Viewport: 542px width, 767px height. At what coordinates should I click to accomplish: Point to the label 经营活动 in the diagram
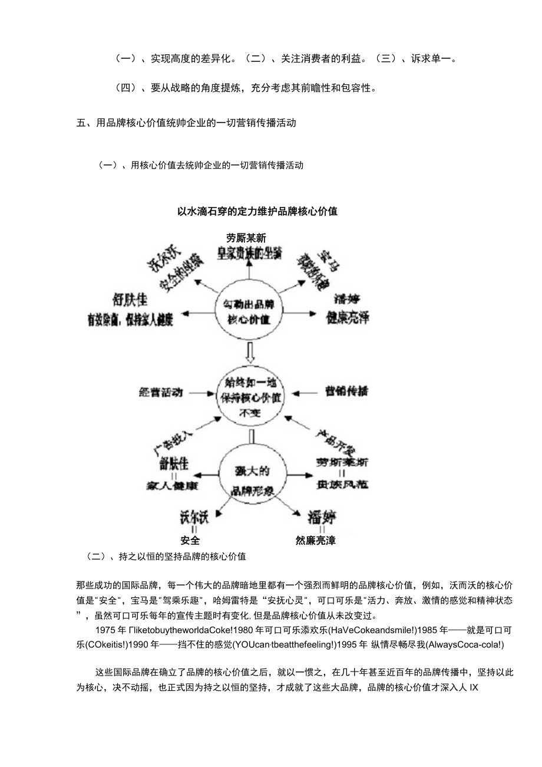[161, 392]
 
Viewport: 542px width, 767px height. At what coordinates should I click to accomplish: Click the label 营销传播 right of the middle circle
[347, 391]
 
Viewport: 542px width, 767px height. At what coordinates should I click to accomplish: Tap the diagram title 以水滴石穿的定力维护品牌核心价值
[257, 211]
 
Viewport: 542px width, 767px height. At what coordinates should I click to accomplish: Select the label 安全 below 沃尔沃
[190, 540]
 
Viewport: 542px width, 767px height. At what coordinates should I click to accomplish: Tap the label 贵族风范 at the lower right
[342, 485]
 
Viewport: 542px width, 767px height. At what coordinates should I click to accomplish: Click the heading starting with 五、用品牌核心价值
[186, 123]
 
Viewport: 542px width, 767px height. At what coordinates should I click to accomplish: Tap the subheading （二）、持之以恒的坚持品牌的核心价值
[166, 556]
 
